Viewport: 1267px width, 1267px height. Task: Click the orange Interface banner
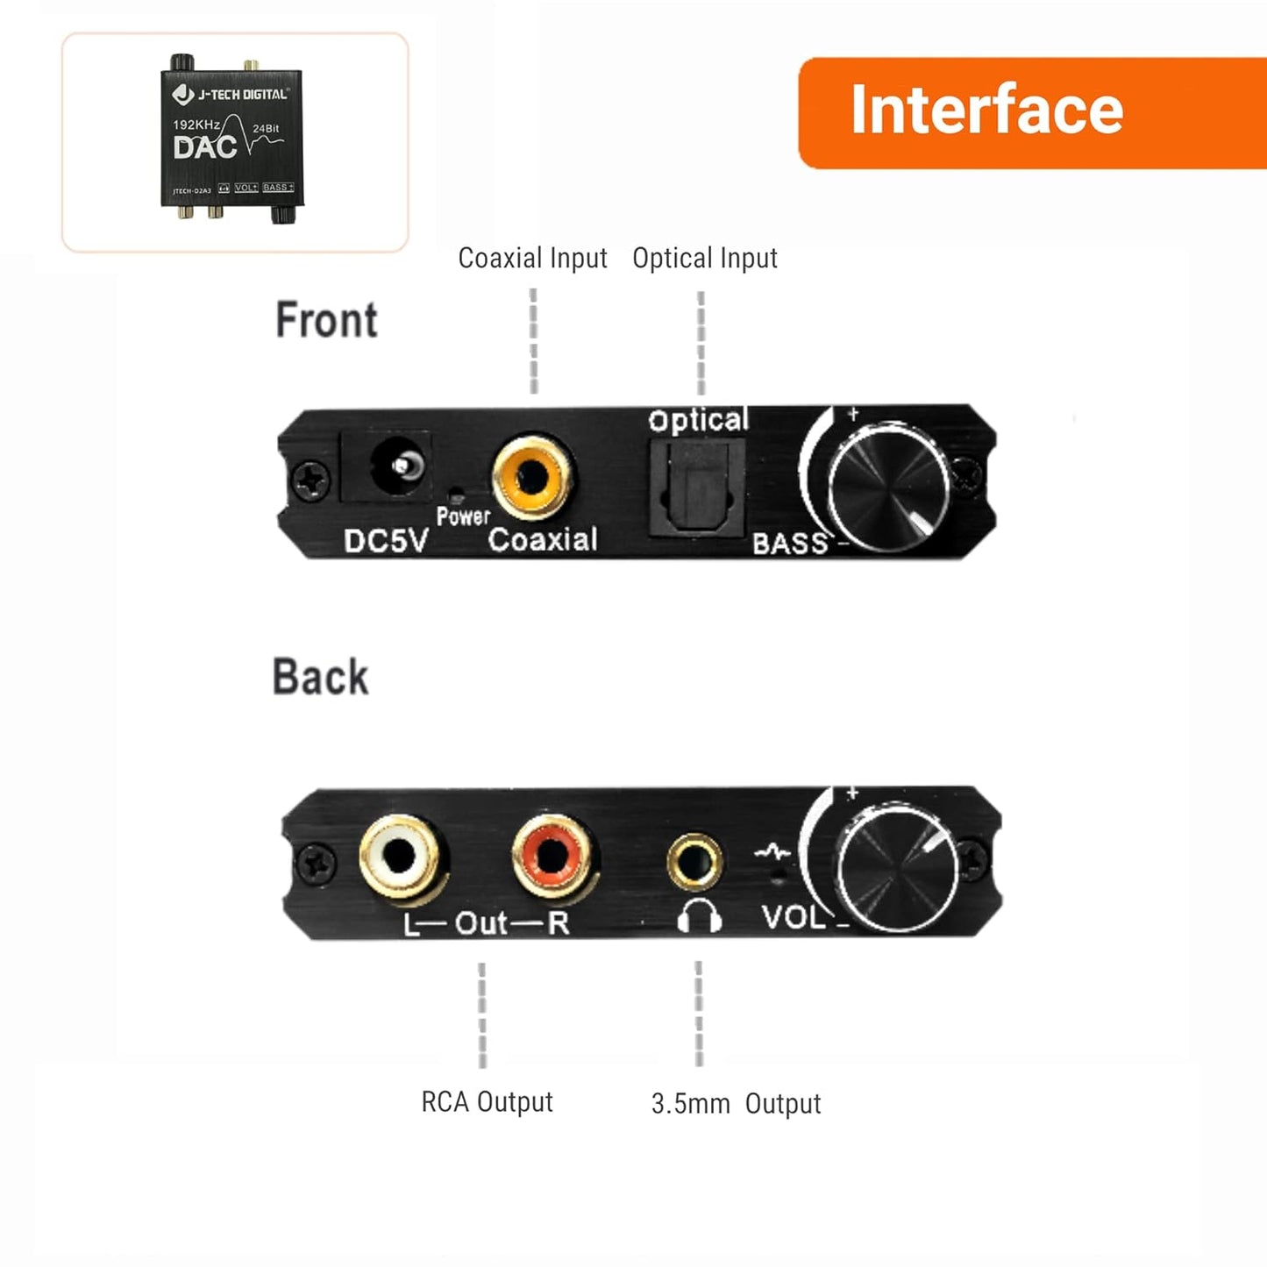(1031, 112)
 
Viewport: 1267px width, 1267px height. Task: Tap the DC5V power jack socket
(397, 466)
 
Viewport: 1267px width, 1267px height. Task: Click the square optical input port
(696, 488)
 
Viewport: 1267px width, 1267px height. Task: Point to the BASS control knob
(888, 482)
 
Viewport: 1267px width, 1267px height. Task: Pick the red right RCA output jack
(552, 854)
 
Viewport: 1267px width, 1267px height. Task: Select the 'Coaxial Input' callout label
(532, 258)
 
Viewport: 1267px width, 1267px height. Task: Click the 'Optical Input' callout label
(705, 258)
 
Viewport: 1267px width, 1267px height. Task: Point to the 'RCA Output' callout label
(487, 1102)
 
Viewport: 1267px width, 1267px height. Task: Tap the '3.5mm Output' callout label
(736, 1103)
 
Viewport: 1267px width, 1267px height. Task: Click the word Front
(326, 319)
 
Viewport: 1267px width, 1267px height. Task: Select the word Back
(321, 677)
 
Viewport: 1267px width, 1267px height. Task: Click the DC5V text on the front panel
(385, 541)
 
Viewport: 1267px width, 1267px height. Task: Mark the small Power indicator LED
(456, 495)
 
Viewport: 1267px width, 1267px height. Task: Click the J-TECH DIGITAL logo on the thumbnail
(231, 94)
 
